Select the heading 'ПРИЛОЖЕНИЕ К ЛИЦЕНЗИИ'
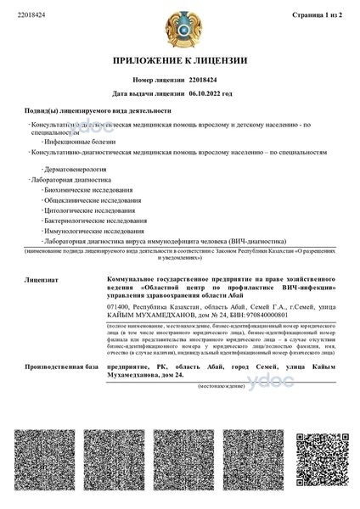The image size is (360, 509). (x=180, y=60)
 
